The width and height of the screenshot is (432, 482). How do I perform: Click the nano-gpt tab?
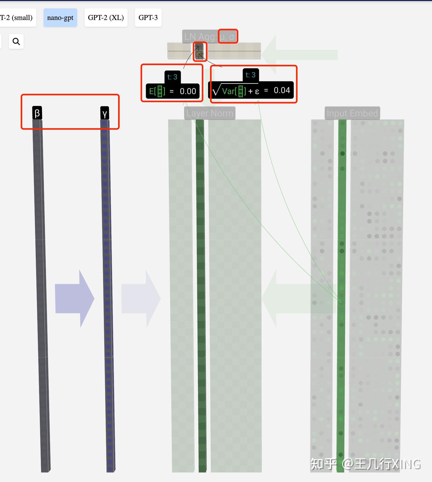coord(60,18)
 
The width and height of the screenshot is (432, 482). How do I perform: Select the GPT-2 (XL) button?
coord(106,18)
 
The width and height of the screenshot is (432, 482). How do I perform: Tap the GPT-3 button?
coord(148,18)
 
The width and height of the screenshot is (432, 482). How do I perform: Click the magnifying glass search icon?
coord(16,41)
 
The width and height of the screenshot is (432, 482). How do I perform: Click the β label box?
coord(37,113)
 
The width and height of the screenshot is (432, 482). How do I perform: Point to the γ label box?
coord(104,113)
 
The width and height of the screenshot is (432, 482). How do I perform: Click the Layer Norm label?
coord(209,113)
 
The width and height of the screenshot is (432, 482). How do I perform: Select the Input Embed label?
coord(352,113)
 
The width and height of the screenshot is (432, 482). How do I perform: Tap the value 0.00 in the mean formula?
coord(188,91)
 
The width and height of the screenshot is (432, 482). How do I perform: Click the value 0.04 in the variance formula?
coord(282,90)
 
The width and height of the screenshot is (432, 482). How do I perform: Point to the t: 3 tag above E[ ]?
coord(172,77)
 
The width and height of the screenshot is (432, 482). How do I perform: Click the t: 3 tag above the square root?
coord(250,75)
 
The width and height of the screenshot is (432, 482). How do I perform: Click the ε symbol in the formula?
coord(257,92)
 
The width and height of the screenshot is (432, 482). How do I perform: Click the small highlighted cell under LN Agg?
coord(200,51)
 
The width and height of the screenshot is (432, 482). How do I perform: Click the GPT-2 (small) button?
coord(16,18)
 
